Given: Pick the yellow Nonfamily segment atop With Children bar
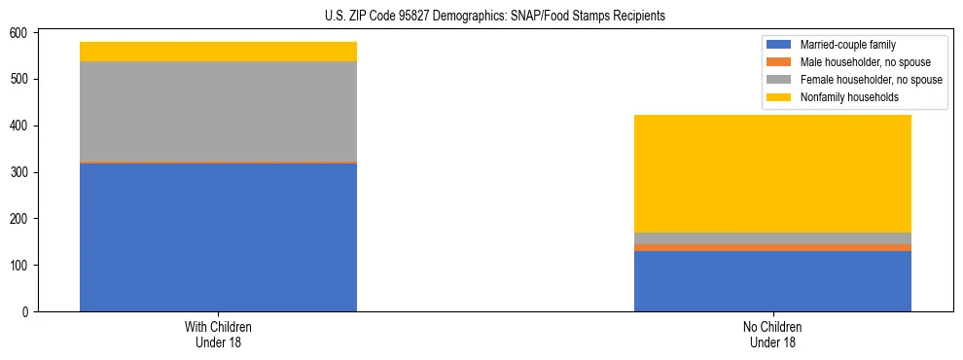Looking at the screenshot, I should coord(218,52).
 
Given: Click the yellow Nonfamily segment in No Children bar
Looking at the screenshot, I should coord(772,173).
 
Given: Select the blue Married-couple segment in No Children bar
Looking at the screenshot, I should coord(772,281).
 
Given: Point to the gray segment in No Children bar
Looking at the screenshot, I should coord(772,238).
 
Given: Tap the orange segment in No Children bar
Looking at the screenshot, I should coord(772,247).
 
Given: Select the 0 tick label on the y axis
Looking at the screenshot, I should coord(29,312).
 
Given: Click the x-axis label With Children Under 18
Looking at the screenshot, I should coord(218,334).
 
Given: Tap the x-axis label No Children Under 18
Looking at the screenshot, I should coord(772,334).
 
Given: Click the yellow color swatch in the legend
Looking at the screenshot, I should coord(779,97).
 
